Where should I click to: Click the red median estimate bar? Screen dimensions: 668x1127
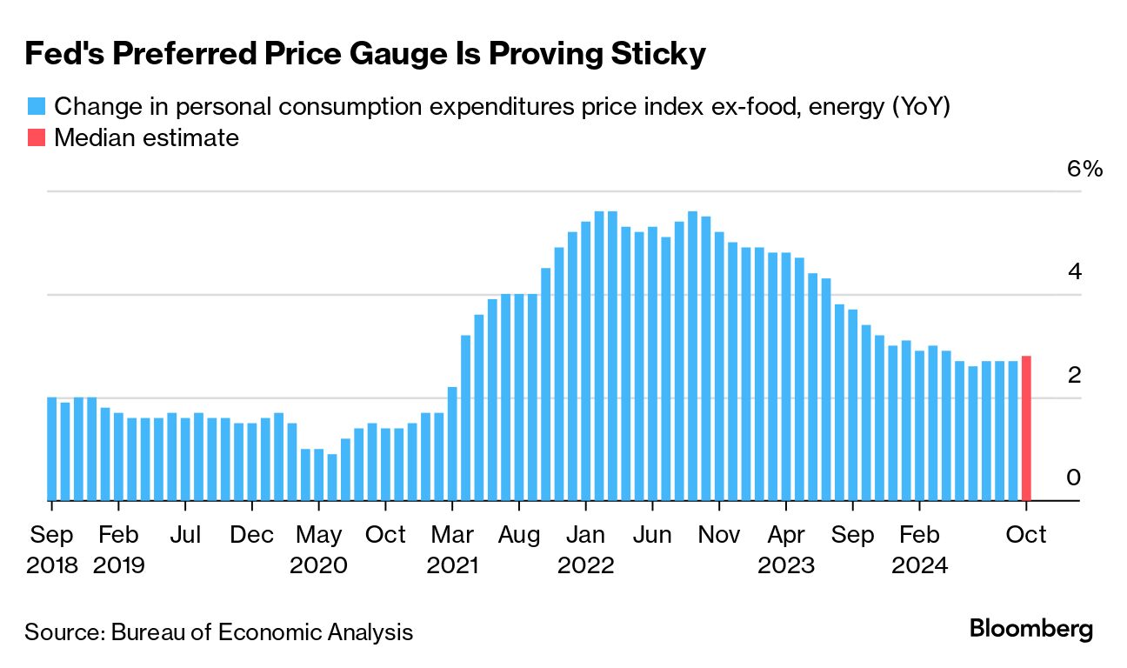(x=1026, y=428)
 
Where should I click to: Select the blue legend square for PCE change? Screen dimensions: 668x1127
(x=36, y=106)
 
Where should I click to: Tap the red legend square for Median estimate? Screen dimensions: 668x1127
(x=36, y=137)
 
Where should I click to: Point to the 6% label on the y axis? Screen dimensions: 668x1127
(x=1084, y=169)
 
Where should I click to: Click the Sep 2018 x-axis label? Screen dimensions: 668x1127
(x=51, y=549)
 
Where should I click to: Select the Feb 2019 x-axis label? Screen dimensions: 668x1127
(x=118, y=549)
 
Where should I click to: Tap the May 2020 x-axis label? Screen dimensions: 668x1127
(x=318, y=549)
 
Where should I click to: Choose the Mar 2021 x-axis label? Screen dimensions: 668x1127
(x=452, y=549)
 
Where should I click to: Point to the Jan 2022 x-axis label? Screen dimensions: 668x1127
(x=585, y=549)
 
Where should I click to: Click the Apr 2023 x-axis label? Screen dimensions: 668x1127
(x=786, y=549)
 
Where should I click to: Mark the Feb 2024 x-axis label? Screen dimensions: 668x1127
(x=919, y=549)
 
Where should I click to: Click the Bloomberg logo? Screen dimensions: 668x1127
(x=1031, y=629)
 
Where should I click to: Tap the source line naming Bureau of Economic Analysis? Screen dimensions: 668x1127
(x=218, y=631)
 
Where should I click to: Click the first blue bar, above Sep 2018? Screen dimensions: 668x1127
(x=51, y=449)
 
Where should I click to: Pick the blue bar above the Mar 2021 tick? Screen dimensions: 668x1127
(x=452, y=444)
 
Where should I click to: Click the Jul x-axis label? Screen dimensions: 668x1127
(x=185, y=534)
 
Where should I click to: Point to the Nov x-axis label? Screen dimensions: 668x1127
(x=719, y=534)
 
